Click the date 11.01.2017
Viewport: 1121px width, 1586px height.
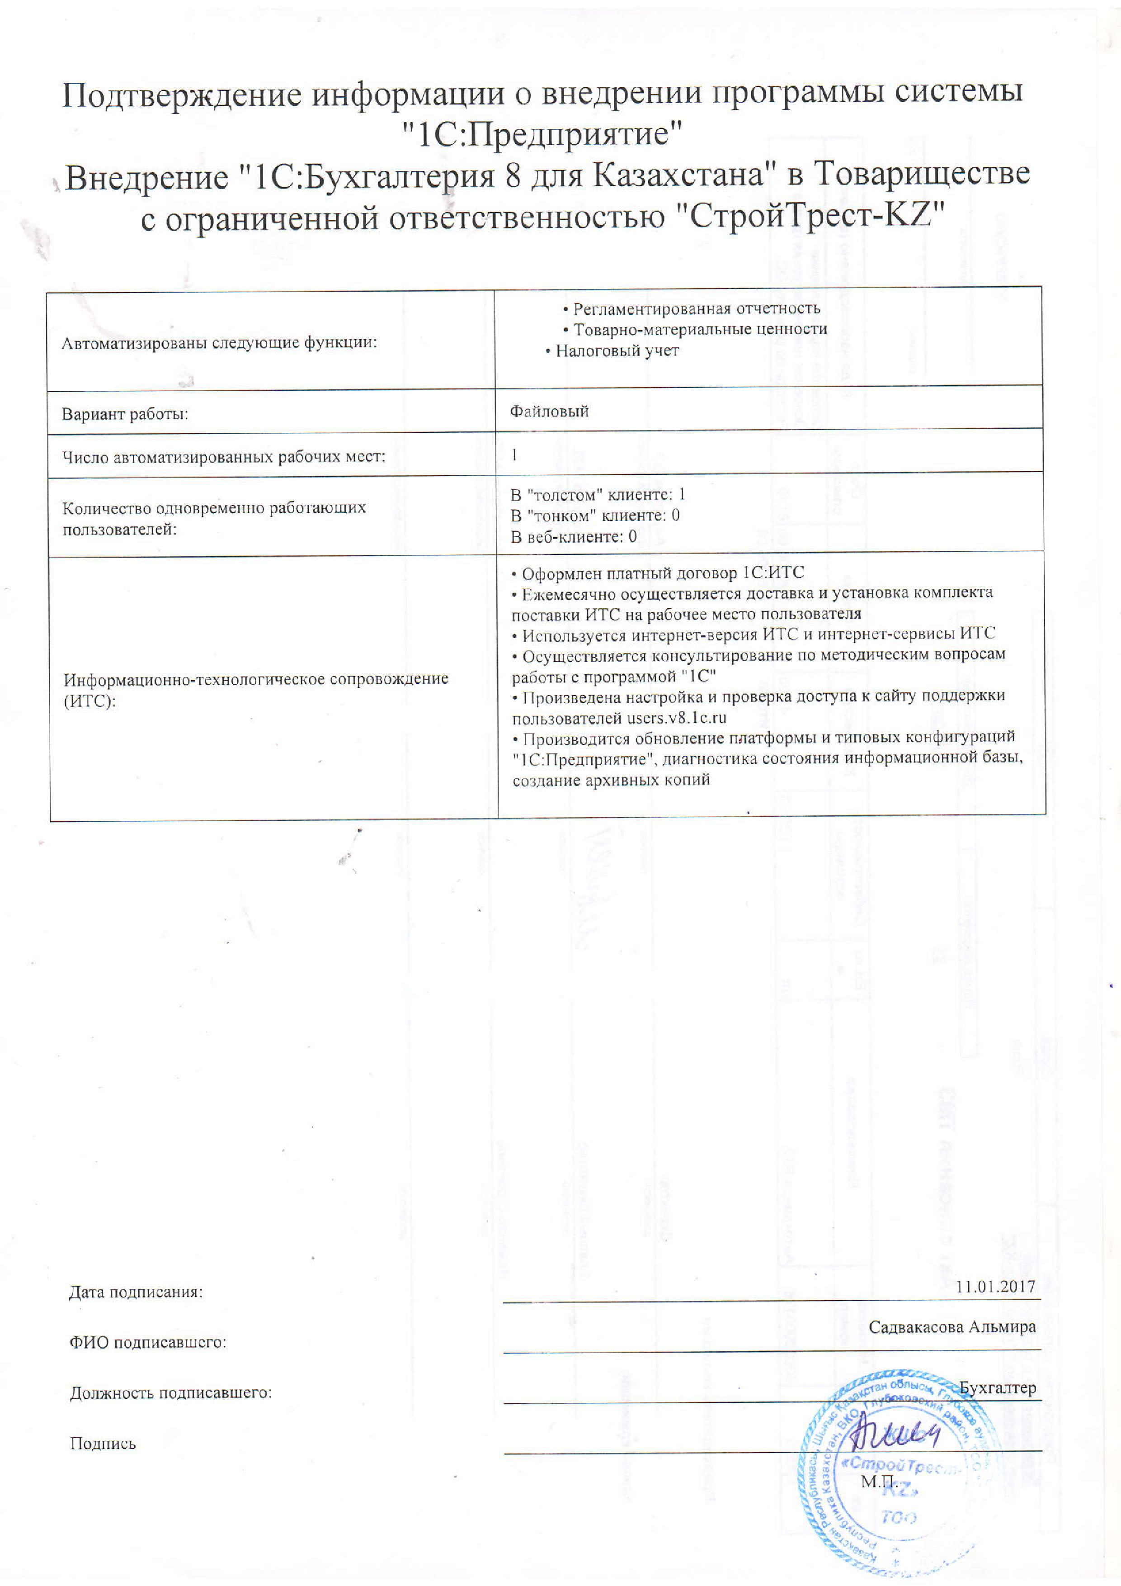coord(995,1286)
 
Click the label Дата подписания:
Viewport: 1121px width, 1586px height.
coord(136,1292)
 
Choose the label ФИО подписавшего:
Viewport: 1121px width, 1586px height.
coord(148,1342)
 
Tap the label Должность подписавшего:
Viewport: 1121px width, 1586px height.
coord(170,1392)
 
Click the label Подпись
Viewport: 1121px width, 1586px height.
coord(103,1444)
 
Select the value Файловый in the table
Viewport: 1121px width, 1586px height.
coord(549,412)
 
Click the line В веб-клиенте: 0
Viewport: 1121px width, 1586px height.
coord(574,537)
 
